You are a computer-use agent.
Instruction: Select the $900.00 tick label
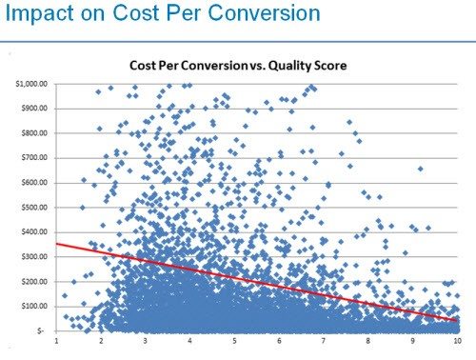[x=33, y=109]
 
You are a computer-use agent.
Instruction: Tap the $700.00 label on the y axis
[x=33, y=158]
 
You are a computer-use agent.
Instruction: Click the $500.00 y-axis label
[x=33, y=208]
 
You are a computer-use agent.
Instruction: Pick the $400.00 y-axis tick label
[x=33, y=232]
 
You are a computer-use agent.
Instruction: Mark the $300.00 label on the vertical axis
[x=33, y=257]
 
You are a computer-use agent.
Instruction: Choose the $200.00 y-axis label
[x=33, y=282]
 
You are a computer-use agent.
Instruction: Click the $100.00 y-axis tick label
[x=33, y=307]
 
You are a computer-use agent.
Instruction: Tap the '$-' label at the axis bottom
[x=40, y=330]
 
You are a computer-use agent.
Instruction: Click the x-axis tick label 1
[x=58, y=341]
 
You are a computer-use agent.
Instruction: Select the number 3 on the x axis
[x=147, y=341]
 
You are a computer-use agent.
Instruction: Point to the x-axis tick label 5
[x=235, y=341]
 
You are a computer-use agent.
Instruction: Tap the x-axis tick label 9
[x=413, y=341]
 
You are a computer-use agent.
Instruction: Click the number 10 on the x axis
[x=457, y=341]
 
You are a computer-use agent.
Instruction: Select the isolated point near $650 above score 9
[x=421, y=169]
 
